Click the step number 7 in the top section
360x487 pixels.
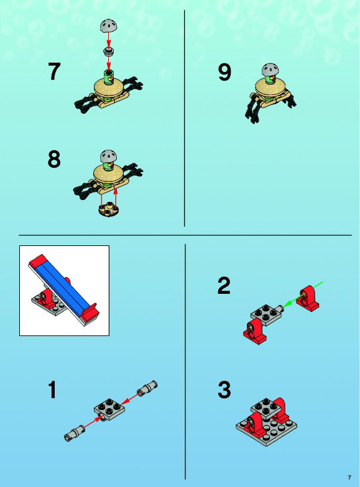[x=54, y=71]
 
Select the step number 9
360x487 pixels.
[x=224, y=72]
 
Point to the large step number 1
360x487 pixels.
[x=52, y=390]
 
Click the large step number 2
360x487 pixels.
[x=224, y=286]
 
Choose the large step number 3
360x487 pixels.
[x=224, y=389]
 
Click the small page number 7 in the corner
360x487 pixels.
[x=349, y=477]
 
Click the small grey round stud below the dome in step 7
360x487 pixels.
[x=108, y=52]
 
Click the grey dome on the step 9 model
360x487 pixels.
[x=270, y=70]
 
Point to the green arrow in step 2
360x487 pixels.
[x=303, y=294]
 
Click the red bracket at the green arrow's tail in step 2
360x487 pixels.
[x=308, y=298]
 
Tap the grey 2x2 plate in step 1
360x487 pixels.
[x=109, y=409]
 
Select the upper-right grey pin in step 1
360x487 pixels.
[x=147, y=388]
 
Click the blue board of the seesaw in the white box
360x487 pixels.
[x=62, y=286]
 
